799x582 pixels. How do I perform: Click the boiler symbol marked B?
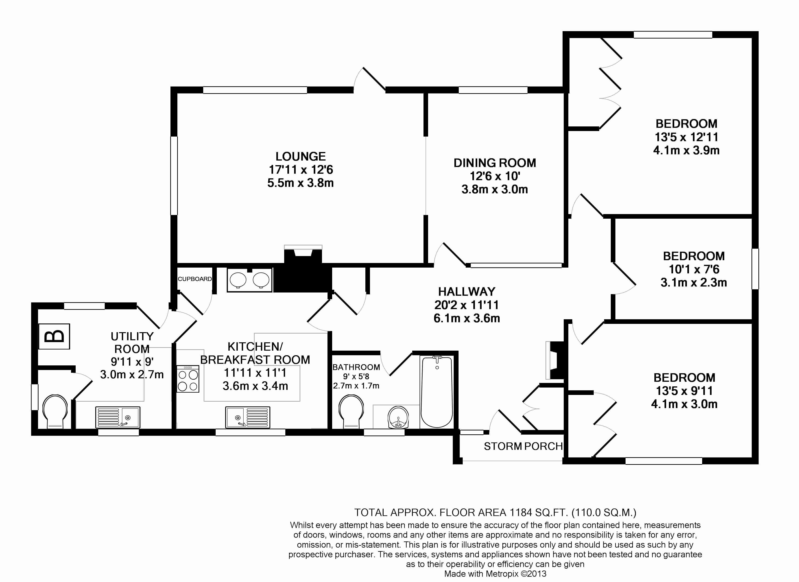54,337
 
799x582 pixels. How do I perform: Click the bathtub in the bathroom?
437,392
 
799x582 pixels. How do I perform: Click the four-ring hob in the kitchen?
188,379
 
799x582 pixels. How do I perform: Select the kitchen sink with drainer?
248,418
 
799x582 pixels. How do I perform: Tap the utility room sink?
118,418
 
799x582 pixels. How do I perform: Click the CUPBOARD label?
195,279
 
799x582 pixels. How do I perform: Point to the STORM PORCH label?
523,446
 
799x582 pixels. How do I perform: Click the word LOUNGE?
301,156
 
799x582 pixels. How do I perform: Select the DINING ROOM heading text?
495,163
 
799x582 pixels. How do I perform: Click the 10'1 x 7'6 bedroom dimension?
694,269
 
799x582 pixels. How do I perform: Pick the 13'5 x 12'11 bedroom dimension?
686,137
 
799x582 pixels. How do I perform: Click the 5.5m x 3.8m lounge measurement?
301,183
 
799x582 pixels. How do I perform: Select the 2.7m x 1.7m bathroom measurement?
356,386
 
